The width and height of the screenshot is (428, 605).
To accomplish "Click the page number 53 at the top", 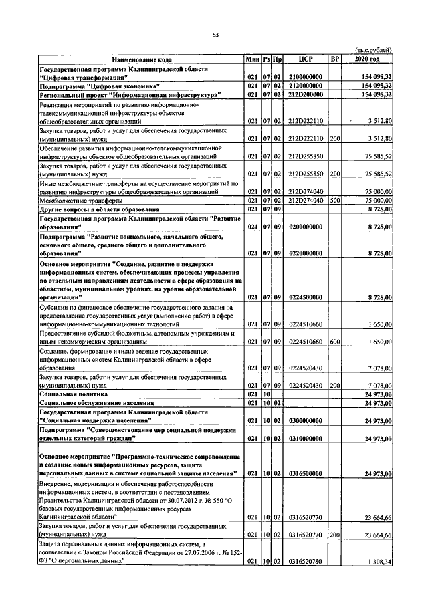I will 215,35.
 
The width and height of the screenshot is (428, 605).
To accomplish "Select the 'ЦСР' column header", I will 306,60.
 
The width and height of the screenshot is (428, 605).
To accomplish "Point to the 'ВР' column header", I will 335,60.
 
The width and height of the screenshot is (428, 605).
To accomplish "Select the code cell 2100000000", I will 306,78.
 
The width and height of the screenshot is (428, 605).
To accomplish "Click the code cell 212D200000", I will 306,95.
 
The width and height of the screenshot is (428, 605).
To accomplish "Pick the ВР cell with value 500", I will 335,200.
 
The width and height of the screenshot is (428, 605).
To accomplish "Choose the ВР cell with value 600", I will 335,341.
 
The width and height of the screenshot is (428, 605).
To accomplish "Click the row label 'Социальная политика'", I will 74,396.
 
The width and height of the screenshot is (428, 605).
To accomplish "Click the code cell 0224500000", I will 306,297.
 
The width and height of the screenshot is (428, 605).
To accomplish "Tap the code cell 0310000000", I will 306,439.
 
